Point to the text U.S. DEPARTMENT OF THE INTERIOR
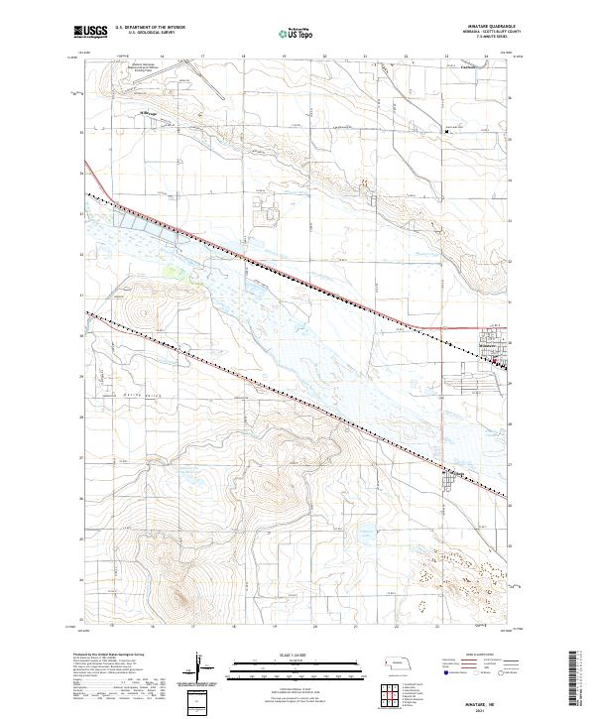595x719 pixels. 150,28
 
